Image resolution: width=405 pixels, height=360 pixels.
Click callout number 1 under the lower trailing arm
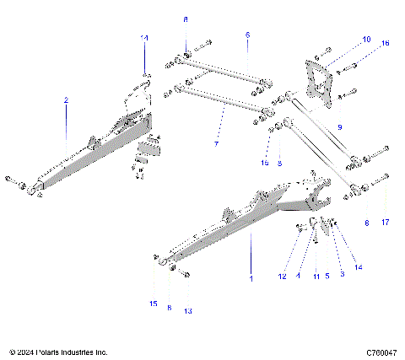coord(251,277)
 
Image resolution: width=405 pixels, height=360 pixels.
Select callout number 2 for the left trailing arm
coord(66,100)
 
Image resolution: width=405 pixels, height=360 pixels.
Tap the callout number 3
coord(341,275)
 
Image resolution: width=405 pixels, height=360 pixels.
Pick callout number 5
coord(327,275)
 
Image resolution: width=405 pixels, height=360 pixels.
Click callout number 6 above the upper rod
coord(248,35)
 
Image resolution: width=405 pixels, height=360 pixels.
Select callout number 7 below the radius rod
coord(216,144)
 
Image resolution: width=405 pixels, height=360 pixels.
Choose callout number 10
coord(366,40)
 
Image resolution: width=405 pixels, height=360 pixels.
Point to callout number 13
coord(188,310)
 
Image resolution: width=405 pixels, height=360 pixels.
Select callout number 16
coord(386,42)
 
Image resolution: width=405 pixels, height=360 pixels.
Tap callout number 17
coord(386,223)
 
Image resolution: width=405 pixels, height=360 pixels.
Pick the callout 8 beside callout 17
coord(367,223)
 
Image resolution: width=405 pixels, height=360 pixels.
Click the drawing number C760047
coord(382,351)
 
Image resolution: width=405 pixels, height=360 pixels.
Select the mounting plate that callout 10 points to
coord(319,83)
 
